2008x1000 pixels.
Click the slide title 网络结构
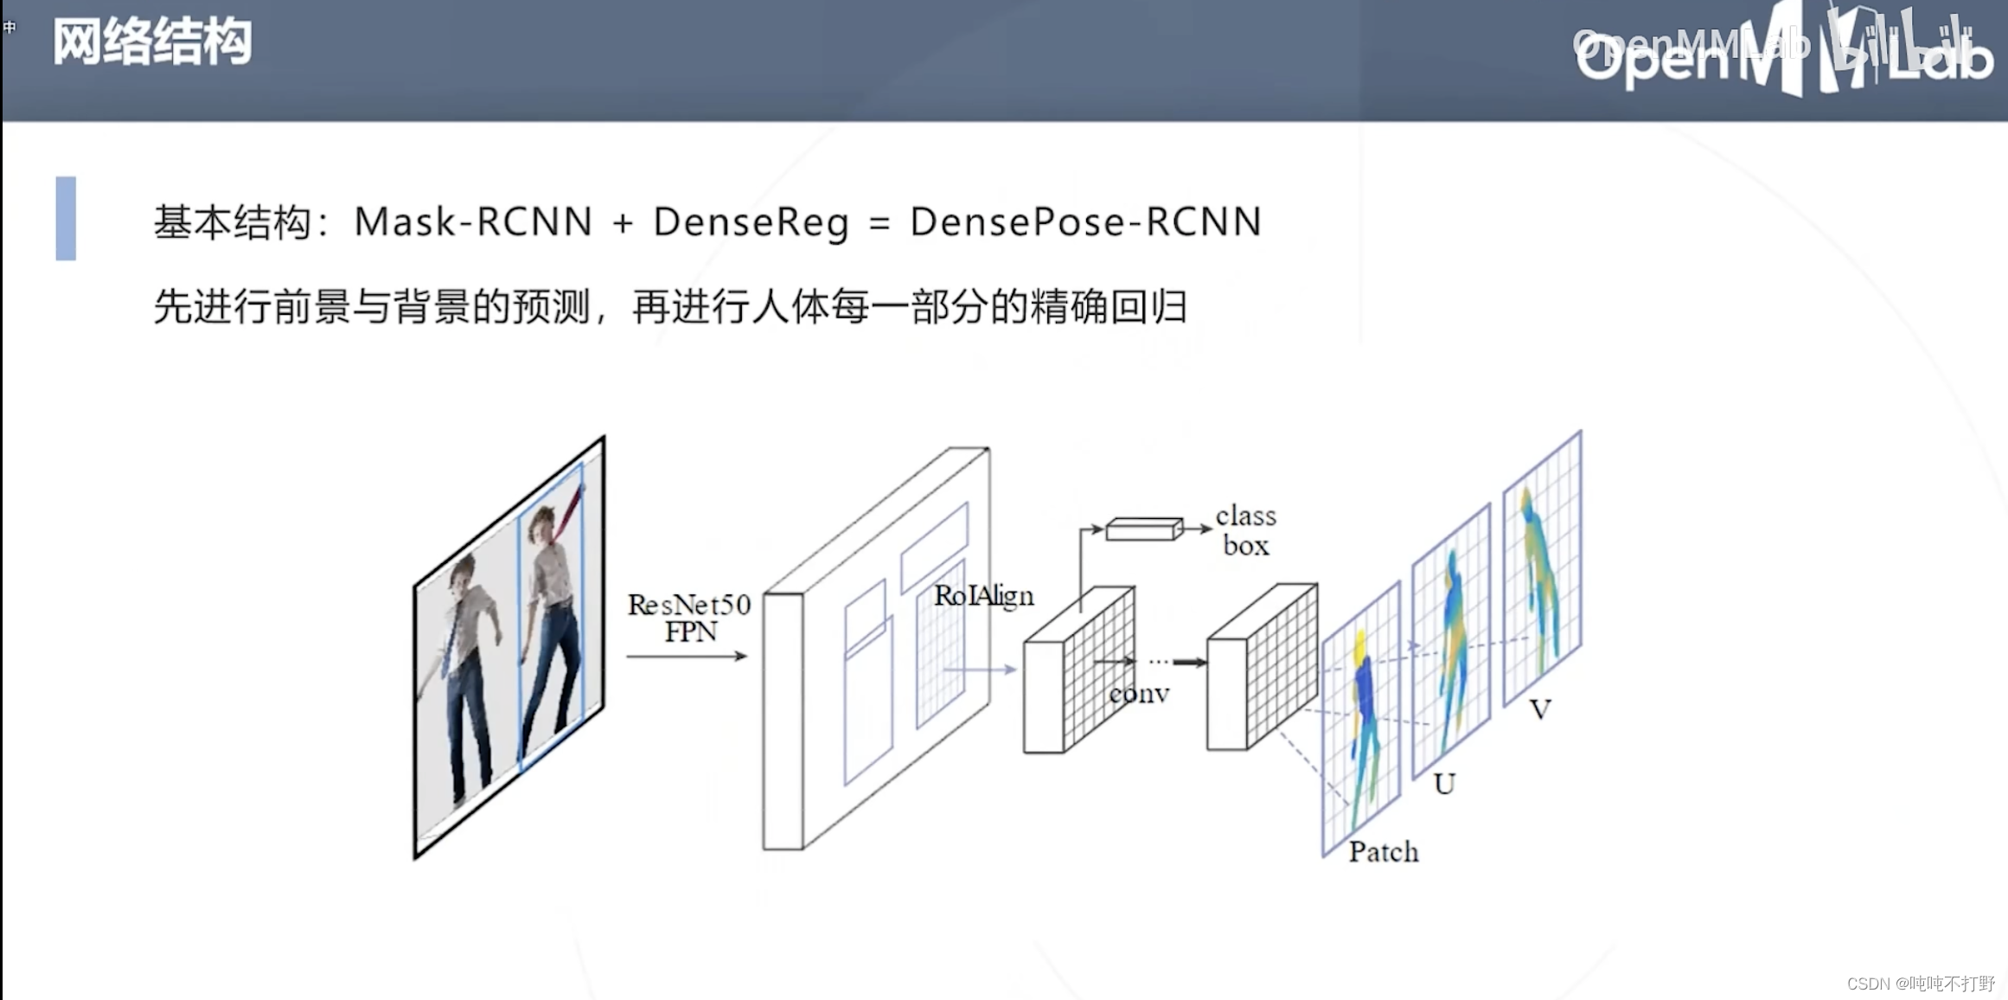(x=152, y=42)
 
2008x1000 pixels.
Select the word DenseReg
(x=751, y=222)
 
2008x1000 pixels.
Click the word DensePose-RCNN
(x=1085, y=221)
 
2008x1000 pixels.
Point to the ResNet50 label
(x=688, y=604)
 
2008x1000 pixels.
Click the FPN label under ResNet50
(x=690, y=631)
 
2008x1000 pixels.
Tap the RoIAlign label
(x=983, y=595)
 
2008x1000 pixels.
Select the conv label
(x=1139, y=694)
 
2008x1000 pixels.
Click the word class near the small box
(x=1245, y=516)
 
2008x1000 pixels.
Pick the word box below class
(x=1245, y=545)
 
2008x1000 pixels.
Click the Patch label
(x=1383, y=852)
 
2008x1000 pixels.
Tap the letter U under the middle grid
(x=1443, y=784)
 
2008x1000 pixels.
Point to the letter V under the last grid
(x=1539, y=709)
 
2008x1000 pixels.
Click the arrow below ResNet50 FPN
(x=687, y=657)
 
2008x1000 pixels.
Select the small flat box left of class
(x=1143, y=529)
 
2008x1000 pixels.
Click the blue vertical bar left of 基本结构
(x=66, y=218)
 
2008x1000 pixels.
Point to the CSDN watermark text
(x=1920, y=984)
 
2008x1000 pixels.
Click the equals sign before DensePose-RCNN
(x=879, y=223)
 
